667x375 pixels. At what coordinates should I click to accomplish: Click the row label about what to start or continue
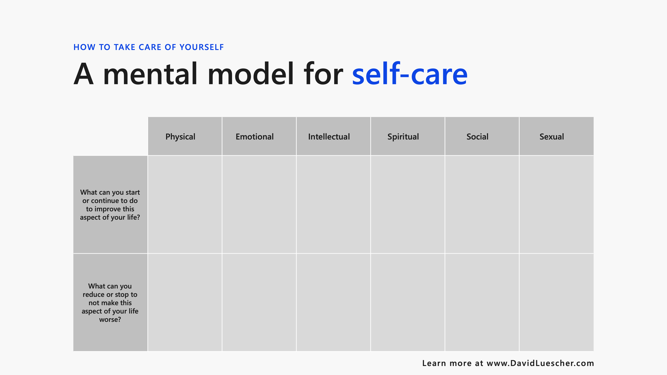click(x=110, y=205)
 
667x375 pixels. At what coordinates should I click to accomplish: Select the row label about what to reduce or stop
click(x=110, y=303)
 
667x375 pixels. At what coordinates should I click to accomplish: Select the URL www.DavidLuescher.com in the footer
click(x=540, y=363)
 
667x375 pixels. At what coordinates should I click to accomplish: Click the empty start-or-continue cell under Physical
click(x=185, y=204)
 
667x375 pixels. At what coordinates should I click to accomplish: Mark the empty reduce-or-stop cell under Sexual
click(x=556, y=302)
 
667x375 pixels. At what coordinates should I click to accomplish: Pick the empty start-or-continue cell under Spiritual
click(x=408, y=204)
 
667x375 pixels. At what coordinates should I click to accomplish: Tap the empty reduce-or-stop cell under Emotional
click(x=259, y=302)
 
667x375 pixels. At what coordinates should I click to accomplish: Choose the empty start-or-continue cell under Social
click(x=482, y=204)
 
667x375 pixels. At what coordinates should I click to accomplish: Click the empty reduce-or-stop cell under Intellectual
click(x=333, y=302)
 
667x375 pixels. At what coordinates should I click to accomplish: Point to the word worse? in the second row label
click(x=110, y=320)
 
